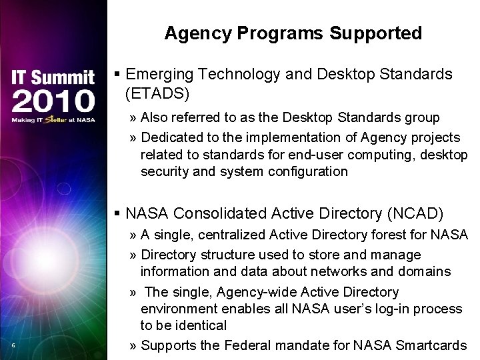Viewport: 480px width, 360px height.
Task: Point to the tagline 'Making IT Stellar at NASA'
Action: [53, 121]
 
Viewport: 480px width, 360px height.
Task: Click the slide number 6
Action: [13, 345]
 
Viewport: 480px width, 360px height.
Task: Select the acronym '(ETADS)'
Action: [157, 92]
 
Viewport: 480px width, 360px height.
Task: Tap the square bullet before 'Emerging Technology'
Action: [117, 74]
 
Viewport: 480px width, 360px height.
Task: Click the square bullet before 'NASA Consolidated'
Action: [117, 213]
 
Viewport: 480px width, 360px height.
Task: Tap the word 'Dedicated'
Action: [172, 138]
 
